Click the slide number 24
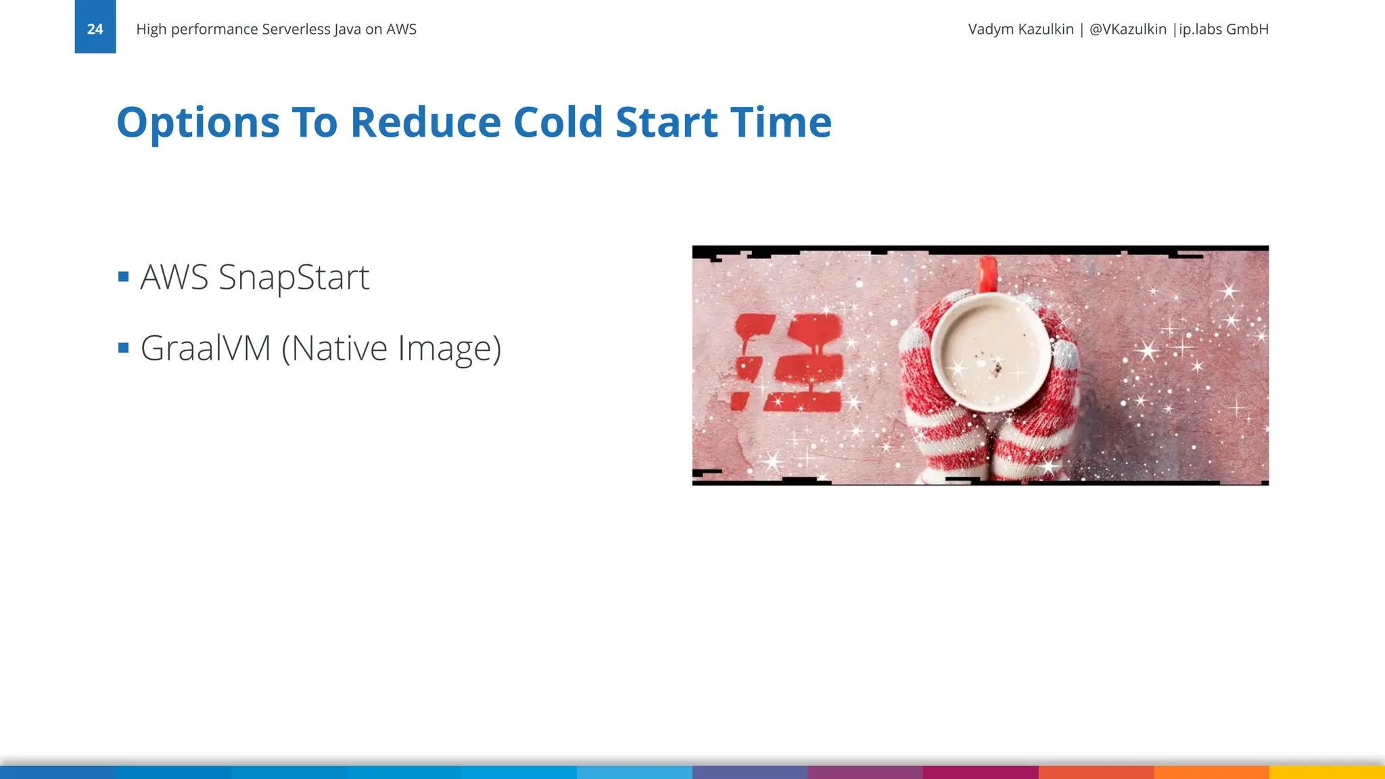point(95,29)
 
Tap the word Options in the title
point(197,122)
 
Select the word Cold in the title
point(558,122)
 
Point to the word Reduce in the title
point(424,122)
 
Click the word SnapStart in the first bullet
point(294,277)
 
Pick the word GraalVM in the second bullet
point(205,348)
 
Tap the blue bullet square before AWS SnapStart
point(123,277)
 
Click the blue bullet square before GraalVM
point(123,348)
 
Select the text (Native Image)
point(391,349)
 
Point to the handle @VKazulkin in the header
point(1127,29)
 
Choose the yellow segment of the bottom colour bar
point(1327,772)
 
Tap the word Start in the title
point(666,122)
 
